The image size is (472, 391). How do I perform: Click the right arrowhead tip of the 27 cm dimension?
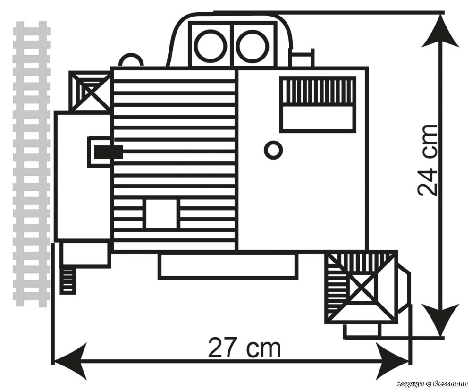pos(409,360)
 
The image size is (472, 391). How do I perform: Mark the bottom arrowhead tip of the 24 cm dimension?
pos(441,335)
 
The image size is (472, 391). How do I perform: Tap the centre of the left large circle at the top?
pos(211,45)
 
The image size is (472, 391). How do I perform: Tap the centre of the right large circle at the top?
pos(252,45)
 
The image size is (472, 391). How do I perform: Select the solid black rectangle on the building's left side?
pos(109,152)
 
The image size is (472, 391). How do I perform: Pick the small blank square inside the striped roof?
pos(161,213)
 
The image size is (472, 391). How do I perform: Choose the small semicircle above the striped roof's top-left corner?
pos(131,60)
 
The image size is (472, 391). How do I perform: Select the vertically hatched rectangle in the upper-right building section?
pos(317,91)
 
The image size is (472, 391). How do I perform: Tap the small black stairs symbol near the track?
pos(67,281)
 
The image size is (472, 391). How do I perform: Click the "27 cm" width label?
pos(244,348)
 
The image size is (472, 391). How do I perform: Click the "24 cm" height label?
pos(428,161)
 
